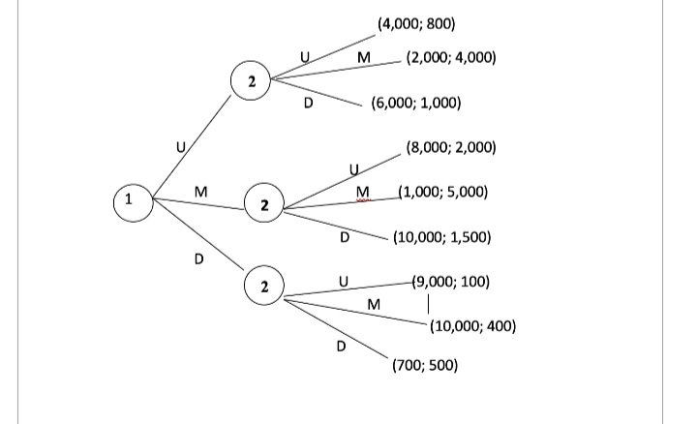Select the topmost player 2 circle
pos(251,83)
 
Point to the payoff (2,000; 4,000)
pos(451,58)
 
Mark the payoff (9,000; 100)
pos(451,283)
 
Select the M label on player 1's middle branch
pos(200,191)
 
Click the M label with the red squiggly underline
pos(363,192)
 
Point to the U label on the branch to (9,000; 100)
pos(343,282)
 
